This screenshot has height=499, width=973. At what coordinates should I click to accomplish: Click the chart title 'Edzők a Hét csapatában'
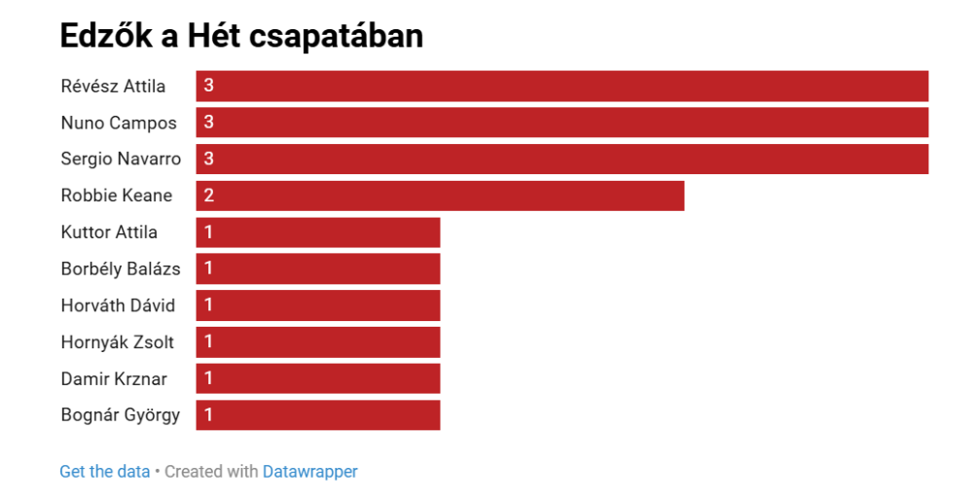[241, 35]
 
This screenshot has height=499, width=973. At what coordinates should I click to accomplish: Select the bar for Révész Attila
[561, 86]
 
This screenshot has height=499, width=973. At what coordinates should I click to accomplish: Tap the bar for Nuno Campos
[561, 123]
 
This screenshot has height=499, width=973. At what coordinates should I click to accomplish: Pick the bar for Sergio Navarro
[561, 159]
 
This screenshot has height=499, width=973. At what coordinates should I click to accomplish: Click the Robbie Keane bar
[440, 196]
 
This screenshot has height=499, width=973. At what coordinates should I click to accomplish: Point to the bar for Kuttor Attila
[318, 232]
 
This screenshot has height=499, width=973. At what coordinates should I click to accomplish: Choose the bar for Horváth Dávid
[318, 305]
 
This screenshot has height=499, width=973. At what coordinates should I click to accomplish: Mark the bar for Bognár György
[318, 415]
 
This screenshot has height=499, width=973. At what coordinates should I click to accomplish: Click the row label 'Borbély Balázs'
[120, 269]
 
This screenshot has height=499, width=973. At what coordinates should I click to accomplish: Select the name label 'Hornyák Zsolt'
[118, 342]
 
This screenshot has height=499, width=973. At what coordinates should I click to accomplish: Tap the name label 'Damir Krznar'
[113, 378]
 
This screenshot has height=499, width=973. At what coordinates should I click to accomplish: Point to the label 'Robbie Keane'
[116, 196]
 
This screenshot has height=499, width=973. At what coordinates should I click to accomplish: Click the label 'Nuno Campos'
[119, 123]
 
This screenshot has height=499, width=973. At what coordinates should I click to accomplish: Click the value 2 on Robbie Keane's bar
[208, 196]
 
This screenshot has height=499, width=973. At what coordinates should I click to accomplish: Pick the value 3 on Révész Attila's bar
[208, 86]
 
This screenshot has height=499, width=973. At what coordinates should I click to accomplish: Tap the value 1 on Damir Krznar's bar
[208, 378]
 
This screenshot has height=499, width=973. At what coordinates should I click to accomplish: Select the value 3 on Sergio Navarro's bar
[208, 159]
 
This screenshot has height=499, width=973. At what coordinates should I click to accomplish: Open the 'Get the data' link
[105, 472]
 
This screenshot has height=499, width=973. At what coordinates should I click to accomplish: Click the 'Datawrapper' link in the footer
[309, 472]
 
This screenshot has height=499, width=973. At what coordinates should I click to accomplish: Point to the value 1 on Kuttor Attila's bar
[208, 232]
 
